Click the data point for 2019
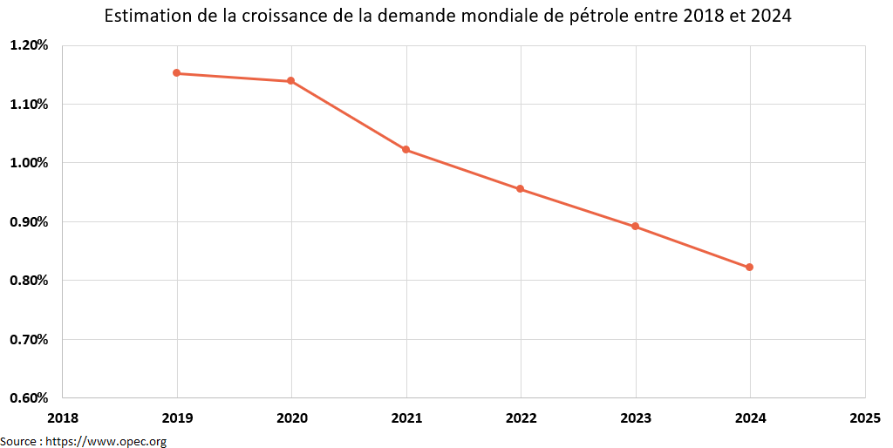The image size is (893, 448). [x=176, y=73]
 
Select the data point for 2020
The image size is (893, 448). [x=290, y=81]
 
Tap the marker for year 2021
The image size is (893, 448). [x=406, y=150]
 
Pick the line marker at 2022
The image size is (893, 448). [x=521, y=189]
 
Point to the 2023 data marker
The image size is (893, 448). [x=635, y=227]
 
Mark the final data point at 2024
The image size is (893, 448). [x=750, y=268]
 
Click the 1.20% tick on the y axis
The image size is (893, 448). [x=29, y=45]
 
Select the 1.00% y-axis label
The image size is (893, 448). [x=29, y=163]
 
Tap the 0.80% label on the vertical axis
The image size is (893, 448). [x=29, y=281]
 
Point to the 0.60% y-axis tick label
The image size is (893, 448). [x=29, y=398]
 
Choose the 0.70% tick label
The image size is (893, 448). [x=29, y=339]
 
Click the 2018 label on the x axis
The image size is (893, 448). [x=63, y=418]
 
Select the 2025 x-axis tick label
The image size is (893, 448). [x=865, y=418]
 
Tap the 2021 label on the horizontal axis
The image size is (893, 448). [x=406, y=418]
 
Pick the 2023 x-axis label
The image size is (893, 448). [x=636, y=418]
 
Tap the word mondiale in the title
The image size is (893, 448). [x=505, y=17]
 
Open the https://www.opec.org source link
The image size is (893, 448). [x=106, y=441]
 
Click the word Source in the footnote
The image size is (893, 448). [x=19, y=441]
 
